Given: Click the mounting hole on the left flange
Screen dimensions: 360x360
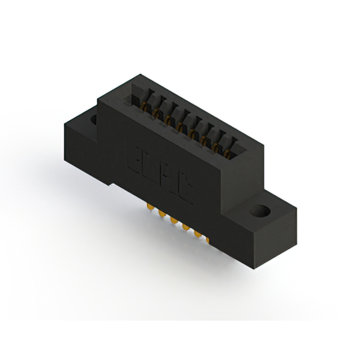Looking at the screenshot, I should coord(92,120).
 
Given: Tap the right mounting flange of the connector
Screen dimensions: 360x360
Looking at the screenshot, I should coord(264,222).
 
